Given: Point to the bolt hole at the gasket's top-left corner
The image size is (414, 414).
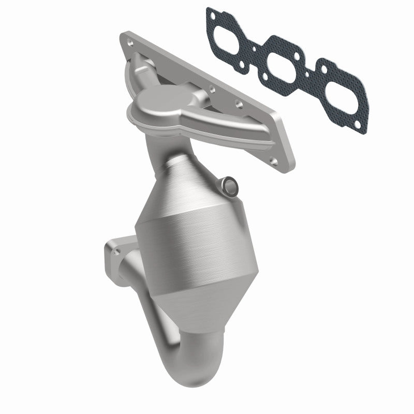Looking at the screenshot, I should pos(210,11).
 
